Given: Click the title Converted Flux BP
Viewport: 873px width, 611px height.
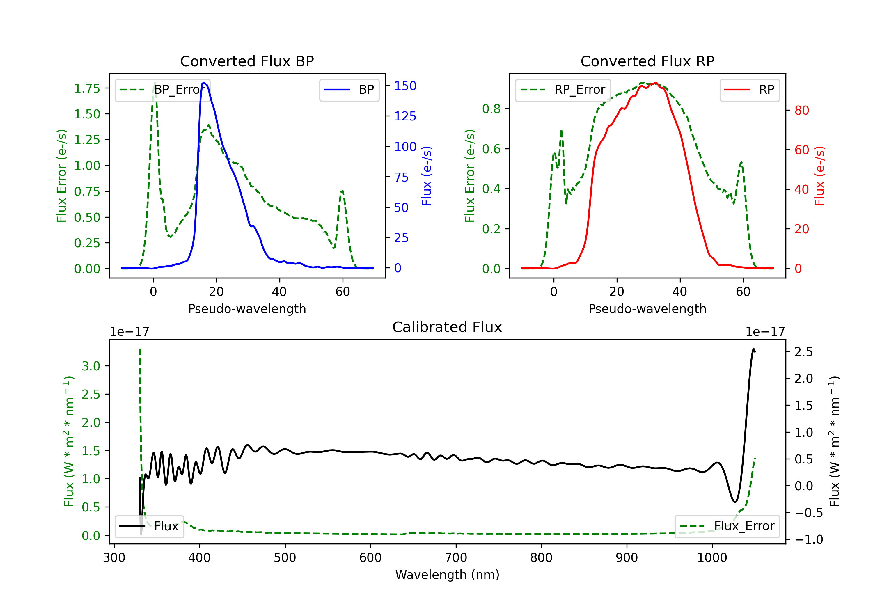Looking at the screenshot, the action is click(247, 61).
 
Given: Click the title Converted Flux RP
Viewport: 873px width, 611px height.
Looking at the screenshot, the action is click(647, 61).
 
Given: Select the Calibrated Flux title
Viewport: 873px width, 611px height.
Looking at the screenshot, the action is click(447, 327).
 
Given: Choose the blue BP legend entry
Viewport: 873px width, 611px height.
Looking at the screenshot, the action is click(349, 90).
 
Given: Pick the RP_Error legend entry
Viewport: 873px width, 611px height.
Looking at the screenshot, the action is click(563, 90).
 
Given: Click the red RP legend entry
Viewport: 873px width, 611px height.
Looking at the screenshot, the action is click(749, 90).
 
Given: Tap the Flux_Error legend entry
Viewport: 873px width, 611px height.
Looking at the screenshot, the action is click(727, 526).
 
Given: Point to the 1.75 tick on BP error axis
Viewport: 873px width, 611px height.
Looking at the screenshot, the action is click(87, 88).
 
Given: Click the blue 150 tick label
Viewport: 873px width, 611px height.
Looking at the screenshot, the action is click(405, 86).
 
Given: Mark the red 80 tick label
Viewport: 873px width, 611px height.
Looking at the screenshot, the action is click(802, 110).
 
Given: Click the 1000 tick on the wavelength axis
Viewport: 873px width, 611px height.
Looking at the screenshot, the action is click(712, 558).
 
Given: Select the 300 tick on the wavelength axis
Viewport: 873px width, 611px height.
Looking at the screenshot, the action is click(114, 558).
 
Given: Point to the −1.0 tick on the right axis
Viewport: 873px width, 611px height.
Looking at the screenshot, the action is click(808, 539).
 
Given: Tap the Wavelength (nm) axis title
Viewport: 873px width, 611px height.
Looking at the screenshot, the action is click(447, 575).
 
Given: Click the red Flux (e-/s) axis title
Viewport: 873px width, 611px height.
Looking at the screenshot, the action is click(819, 176).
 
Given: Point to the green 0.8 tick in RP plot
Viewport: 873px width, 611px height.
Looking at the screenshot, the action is click(491, 109).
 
